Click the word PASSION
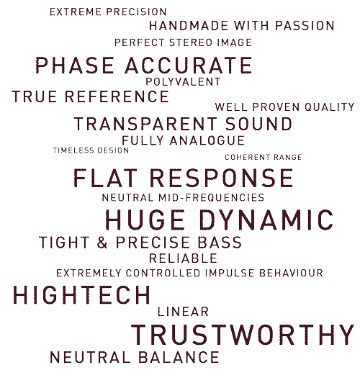pos(305,26)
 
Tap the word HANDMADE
pos(189,26)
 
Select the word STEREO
pos(191,42)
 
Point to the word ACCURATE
pos(189,66)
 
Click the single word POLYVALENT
pos(183,82)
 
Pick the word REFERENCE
pos(117,96)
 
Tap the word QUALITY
pos(330,107)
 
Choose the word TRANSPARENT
pos(145,124)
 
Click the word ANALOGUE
pos(207,140)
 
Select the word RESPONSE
pos(221,178)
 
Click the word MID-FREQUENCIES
pos(211,198)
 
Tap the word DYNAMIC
pos(266,220)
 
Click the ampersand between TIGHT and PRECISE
pos(102,242)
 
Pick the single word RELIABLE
pos(183,258)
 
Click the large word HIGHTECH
pos(81,295)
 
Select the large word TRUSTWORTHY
pos(243,335)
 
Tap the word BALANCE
pos(179,357)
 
